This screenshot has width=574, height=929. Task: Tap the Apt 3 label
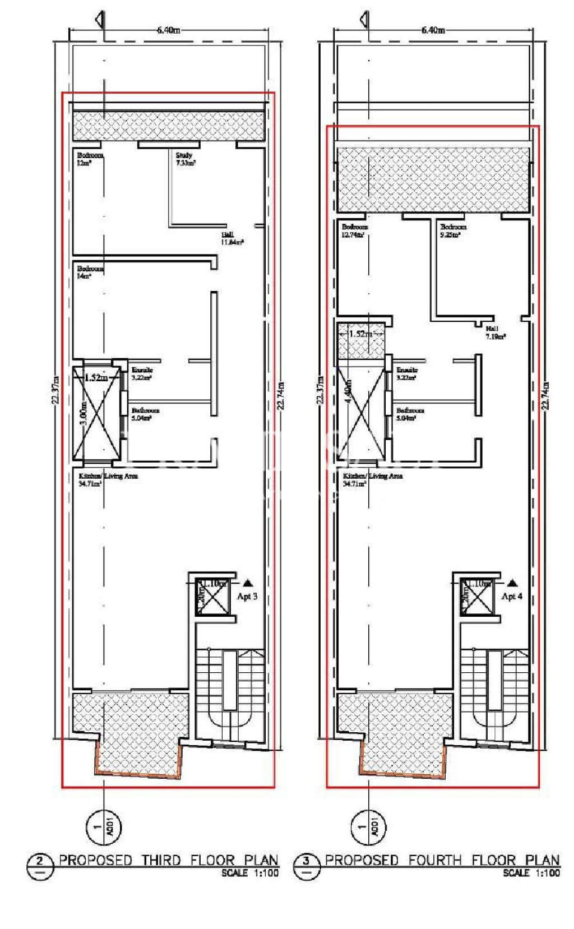tap(247, 596)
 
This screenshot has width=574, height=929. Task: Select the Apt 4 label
tap(512, 596)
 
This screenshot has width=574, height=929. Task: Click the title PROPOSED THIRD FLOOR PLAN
tap(168, 860)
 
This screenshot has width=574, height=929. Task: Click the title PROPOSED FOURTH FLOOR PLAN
tap(442, 860)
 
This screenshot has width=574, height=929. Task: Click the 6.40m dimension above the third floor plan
tap(168, 30)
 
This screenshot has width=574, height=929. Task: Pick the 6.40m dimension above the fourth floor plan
tap(433, 30)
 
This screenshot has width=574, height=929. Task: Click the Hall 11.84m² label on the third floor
tap(232, 239)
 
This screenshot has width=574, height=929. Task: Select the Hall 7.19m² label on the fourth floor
tap(496, 333)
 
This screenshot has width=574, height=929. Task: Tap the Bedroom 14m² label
tap(90, 272)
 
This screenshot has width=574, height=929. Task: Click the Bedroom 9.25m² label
tap(453, 231)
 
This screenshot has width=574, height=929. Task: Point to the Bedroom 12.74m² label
tap(355, 231)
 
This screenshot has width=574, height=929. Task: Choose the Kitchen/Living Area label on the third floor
tap(108, 479)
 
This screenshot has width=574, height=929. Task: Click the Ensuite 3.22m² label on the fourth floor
tap(406, 374)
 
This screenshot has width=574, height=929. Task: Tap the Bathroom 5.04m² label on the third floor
tap(145, 414)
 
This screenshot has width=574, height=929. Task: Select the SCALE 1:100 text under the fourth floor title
tap(531, 873)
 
